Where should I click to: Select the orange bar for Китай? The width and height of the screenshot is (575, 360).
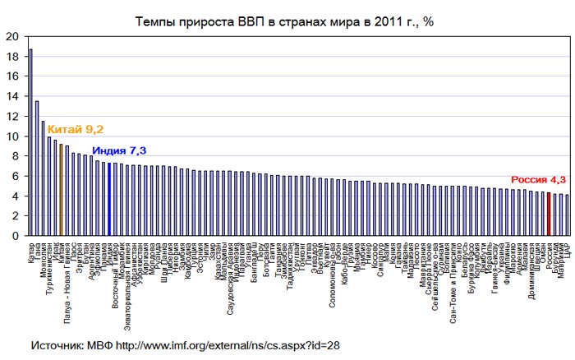[x=61, y=190]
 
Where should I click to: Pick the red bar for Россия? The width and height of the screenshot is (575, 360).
[x=549, y=215]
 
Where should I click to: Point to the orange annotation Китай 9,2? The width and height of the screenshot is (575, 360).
[x=76, y=129]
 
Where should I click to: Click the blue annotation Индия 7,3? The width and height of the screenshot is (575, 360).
[x=119, y=151]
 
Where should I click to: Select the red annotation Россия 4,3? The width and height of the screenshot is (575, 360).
[x=539, y=179]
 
